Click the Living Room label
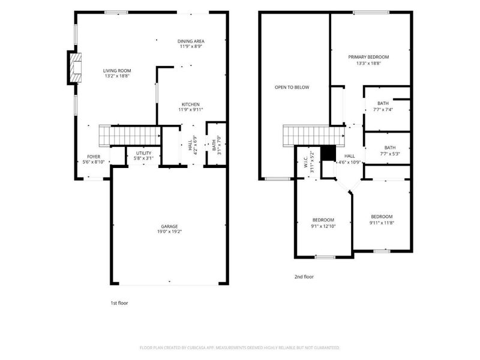tap(117, 71)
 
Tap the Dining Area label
tap(191, 41)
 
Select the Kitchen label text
tap(190, 104)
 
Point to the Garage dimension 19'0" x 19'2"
tap(169, 232)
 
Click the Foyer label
tap(94, 157)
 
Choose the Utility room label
tap(143, 153)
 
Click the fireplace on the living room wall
tap(74, 68)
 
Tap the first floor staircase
tap(130, 135)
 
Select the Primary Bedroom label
tap(368, 57)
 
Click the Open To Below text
tap(292, 87)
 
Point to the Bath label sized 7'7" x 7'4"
tap(383, 103)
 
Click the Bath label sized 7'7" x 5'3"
tap(389, 148)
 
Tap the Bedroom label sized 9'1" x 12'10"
tap(323, 220)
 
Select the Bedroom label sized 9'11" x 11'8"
tap(382, 217)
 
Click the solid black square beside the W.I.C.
tap(328, 153)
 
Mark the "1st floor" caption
tap(119, 303)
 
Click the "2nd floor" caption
tap(304, 277)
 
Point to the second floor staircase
tap(314, 136)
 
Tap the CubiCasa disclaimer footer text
tap(239, 348)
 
